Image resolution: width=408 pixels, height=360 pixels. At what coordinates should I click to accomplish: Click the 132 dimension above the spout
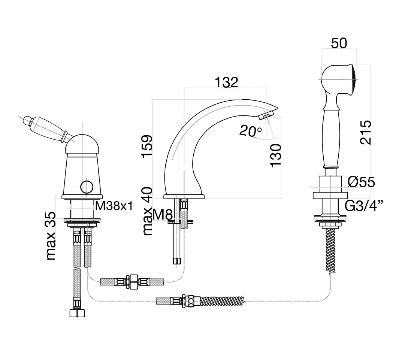click(x=226, y=82)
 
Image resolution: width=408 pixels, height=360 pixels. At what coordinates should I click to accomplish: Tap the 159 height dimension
click(x=146, y=146)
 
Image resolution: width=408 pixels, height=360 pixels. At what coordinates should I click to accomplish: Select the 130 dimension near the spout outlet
click(x=275, y=155)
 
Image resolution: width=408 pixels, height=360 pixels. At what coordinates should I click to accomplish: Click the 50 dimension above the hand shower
click(x=339, y=43)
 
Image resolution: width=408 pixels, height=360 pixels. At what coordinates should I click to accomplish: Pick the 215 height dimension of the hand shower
click(x=366, y=132)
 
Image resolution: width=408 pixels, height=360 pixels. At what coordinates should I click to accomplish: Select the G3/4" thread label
click(x=364, y=206)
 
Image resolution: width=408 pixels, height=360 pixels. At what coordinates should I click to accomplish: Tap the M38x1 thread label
click(x=114, y=206)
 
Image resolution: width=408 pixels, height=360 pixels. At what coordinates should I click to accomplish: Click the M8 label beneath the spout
click(x=163, y=215)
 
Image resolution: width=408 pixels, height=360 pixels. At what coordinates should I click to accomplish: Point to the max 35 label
click(x=51, y=236)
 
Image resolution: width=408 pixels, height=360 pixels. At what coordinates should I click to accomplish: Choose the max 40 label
click(x=148, y=211)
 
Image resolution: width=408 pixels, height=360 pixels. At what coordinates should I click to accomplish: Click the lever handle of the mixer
click(x=47, y=129)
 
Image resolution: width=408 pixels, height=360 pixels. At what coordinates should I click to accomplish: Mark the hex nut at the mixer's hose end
click(x=77, y=313)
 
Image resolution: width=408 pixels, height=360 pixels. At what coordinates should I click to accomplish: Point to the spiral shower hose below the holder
click(x=330, y=250)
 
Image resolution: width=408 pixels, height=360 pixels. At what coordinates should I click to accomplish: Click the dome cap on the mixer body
click(x=81, y=144)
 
